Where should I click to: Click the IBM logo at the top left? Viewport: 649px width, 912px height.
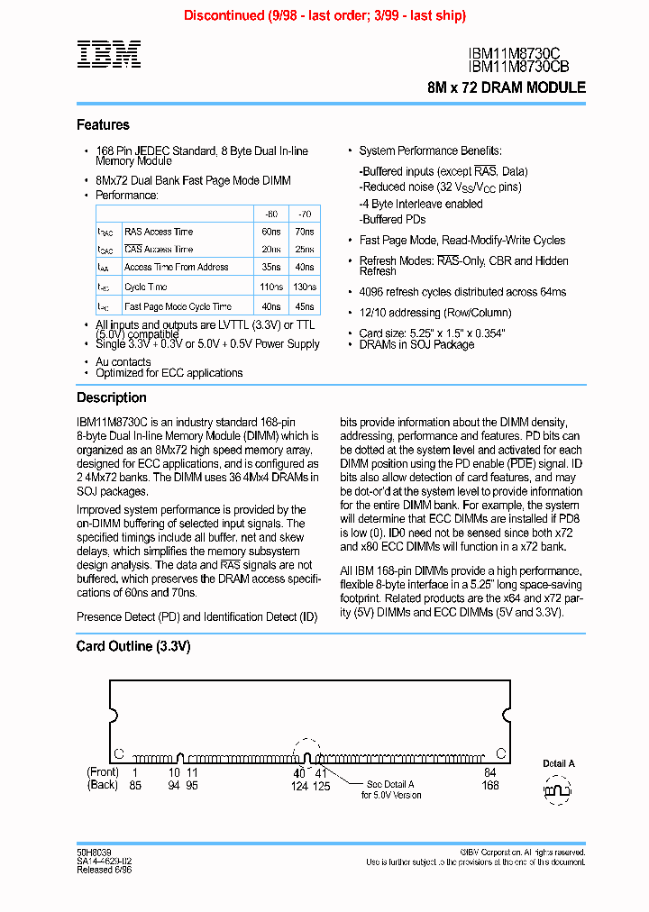108,55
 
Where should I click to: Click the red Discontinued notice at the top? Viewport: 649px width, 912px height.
324,15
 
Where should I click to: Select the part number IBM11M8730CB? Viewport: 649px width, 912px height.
518,67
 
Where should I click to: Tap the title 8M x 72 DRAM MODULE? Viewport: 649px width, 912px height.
507,88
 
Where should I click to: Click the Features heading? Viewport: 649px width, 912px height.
103,125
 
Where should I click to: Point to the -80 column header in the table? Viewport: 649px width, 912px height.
270,214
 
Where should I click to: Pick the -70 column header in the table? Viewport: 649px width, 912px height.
306,214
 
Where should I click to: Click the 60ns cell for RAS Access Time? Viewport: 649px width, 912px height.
270,232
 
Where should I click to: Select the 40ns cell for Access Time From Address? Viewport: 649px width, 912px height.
306,268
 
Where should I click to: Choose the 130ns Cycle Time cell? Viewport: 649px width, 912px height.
306,287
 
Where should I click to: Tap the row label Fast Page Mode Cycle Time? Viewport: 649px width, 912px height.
178,306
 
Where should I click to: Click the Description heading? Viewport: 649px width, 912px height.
111,397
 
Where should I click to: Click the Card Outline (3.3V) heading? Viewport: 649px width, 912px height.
133,646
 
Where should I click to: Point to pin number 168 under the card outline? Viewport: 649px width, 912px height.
490,785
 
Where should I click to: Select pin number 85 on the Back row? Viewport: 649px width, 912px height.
135,785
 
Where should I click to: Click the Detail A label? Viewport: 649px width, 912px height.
559,763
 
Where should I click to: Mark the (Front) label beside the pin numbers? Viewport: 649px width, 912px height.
103,772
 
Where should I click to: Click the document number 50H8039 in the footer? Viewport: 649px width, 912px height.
94,852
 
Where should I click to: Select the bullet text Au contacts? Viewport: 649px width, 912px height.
123,361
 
